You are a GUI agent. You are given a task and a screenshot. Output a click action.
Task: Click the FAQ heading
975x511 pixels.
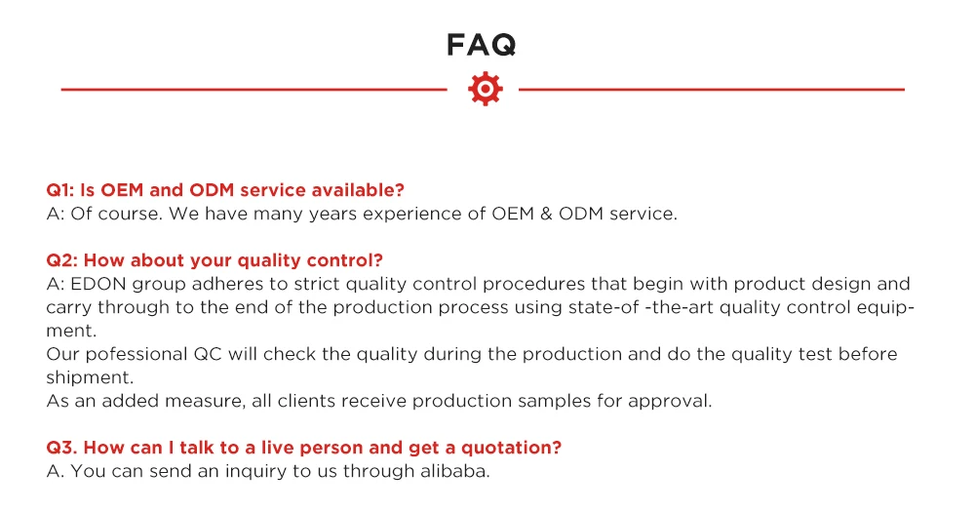click(x=482, y=45)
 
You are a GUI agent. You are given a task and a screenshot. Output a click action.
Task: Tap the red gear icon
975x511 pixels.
click(x=485, y=89)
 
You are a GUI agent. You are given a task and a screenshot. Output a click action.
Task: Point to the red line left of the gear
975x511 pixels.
click(x=253, y=90)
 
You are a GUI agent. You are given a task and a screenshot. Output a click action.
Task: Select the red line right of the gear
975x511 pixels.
click(x=712, y=90)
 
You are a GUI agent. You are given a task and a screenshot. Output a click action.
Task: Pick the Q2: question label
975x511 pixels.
click(x=62, y=260)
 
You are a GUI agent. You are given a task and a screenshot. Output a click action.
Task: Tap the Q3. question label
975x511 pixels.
click(x=62, y=448)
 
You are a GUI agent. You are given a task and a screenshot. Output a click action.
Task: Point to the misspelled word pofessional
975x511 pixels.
click(x=136, y=354)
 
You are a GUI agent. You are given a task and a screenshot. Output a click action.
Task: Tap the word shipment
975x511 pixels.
click(x=90, y=378)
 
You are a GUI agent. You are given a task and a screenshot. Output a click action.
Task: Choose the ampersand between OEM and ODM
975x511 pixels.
click(x=546, y=214)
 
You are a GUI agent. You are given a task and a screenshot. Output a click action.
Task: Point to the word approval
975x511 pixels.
click(x=670, y=402)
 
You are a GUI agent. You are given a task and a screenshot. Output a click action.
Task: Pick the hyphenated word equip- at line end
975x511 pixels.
click(x=885, y=308)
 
